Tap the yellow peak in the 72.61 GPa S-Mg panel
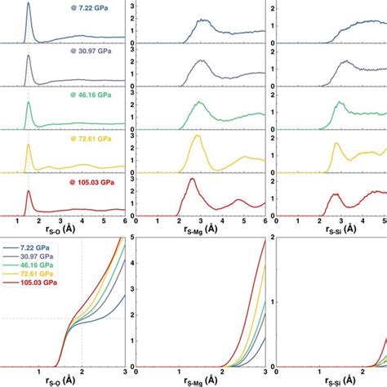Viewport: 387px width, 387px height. pos(196,136)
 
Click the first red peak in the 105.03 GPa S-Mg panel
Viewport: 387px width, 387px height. pos(193,180)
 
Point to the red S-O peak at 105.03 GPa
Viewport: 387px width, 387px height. pos(29,193)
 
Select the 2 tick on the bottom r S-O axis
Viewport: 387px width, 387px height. pos(82,370)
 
